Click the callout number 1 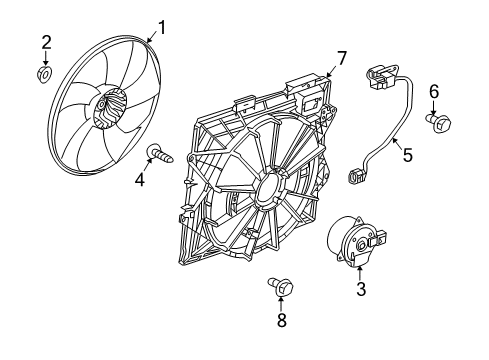(x=160, y=27)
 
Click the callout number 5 (x=407, y=155)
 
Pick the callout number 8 (x=281, y=321)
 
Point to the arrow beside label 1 (x=150, y=37)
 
